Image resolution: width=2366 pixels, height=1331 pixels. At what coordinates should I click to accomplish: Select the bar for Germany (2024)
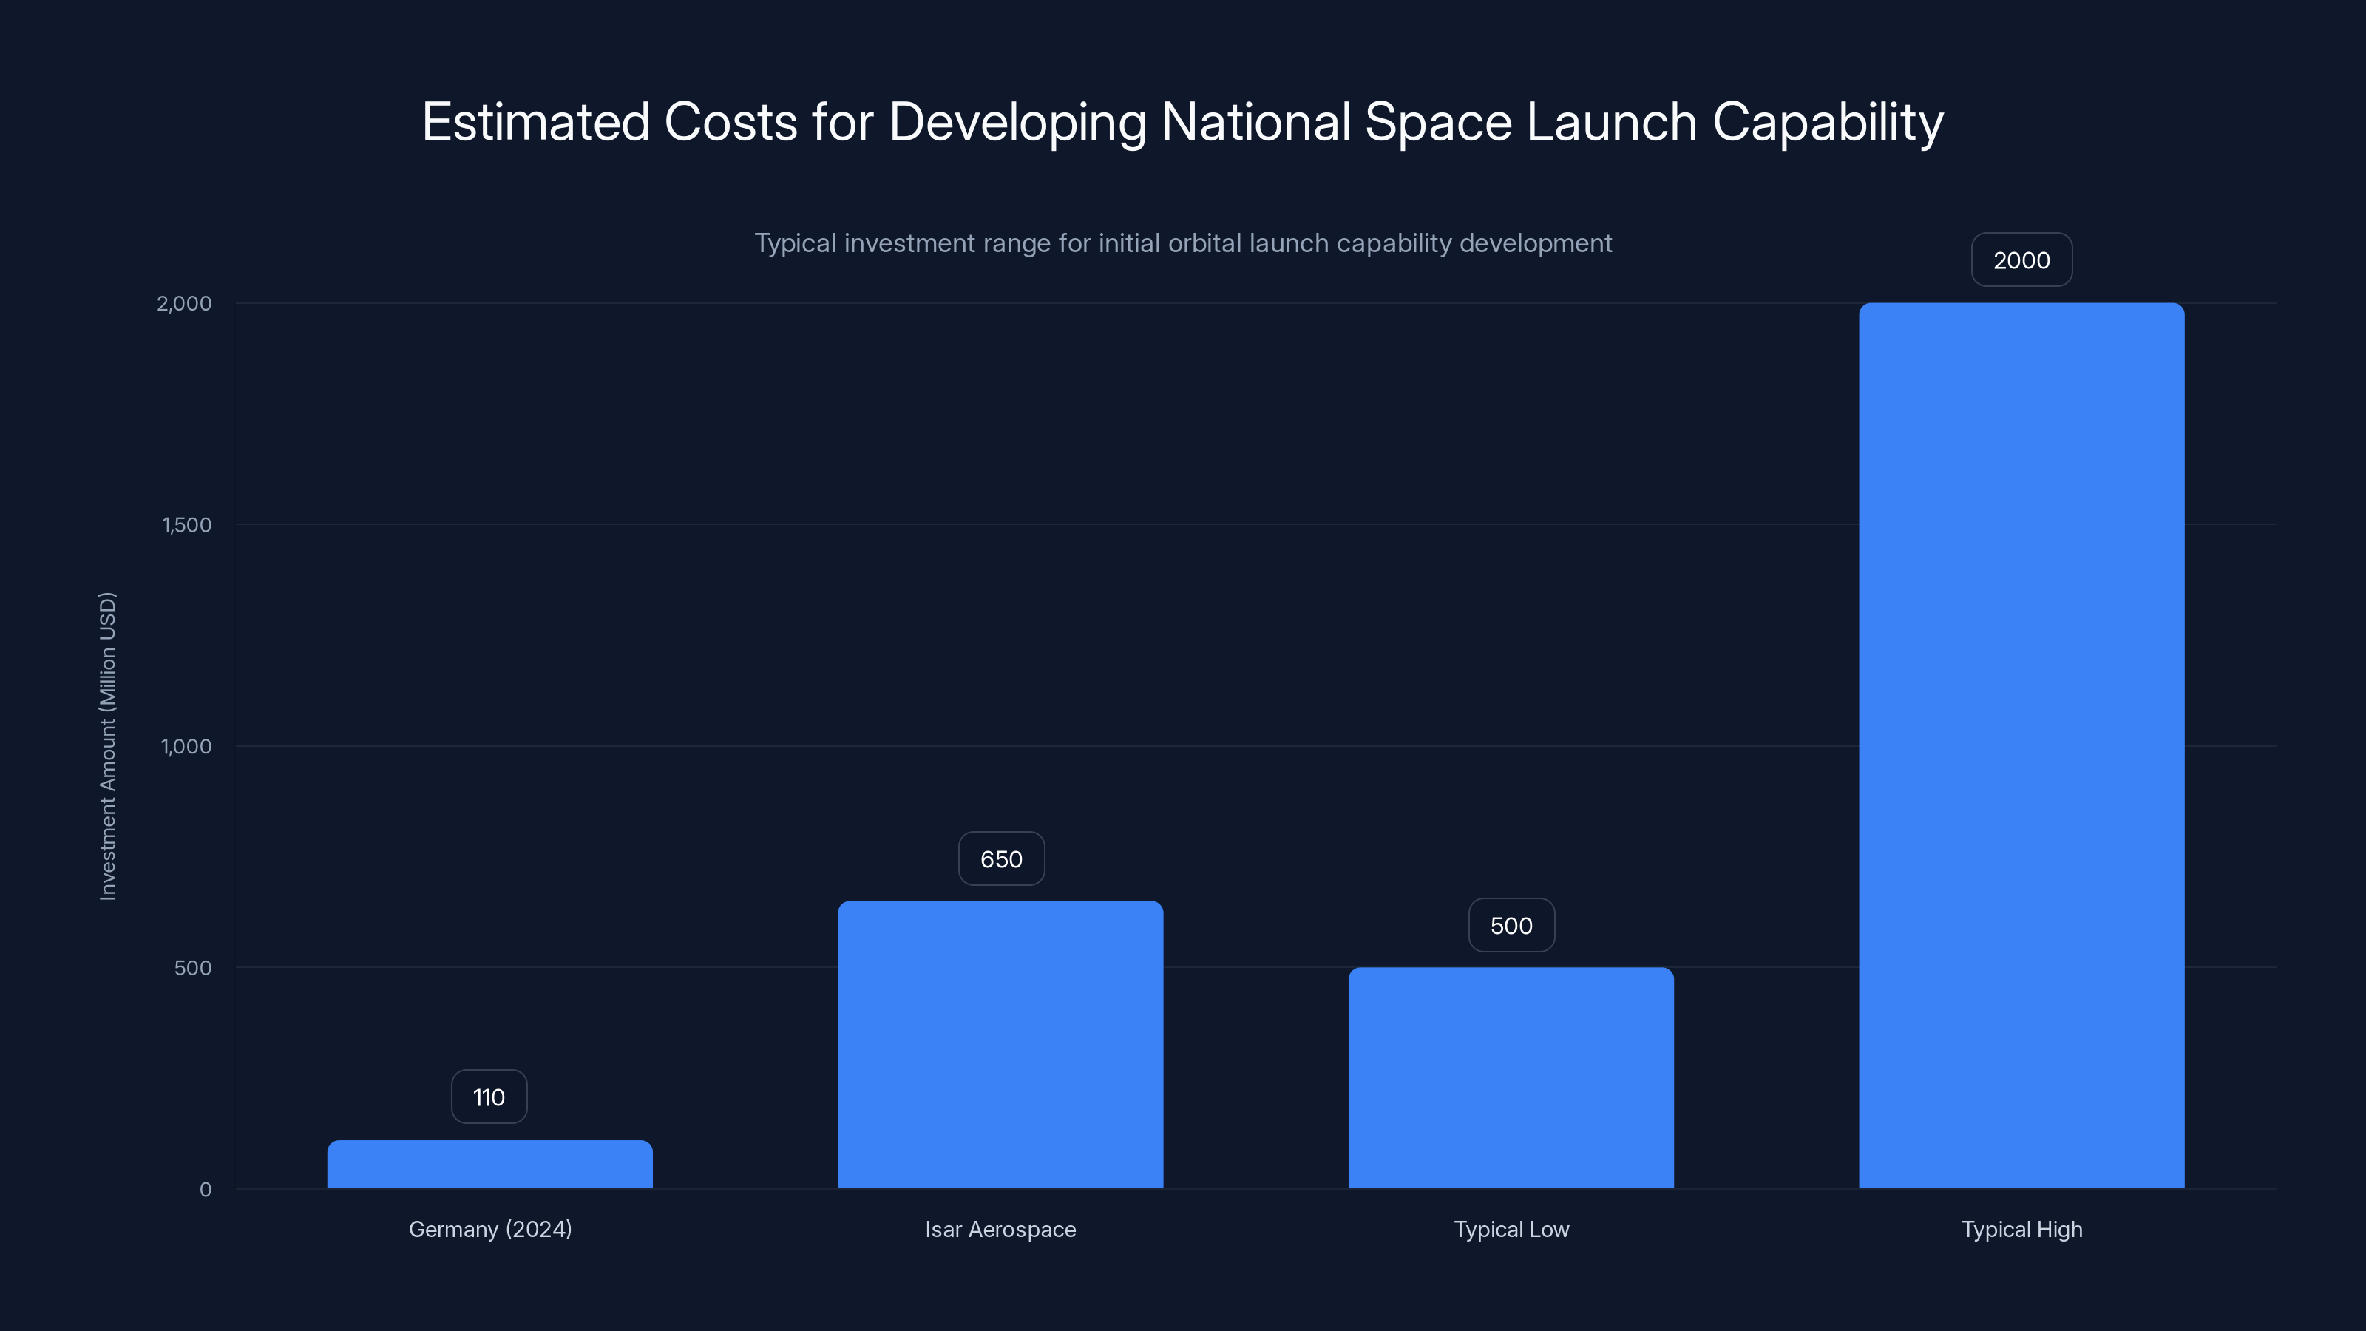(489, 1164)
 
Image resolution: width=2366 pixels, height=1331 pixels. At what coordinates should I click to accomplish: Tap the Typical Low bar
(1511, 1077)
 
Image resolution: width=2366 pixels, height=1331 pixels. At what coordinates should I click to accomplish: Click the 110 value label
(489, 1097)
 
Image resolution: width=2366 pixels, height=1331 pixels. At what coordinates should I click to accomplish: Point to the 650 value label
(1001, 858)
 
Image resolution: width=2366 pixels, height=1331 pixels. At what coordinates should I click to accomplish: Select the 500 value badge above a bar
(1511, 925)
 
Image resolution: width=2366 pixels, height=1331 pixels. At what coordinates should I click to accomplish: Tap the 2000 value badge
(2021, 260)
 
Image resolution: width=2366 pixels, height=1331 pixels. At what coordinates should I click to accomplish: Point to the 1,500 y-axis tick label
(186, 524)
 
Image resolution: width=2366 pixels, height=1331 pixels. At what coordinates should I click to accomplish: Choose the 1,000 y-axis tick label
(186, 746)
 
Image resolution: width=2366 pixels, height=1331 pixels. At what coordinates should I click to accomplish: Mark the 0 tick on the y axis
(206, 1190)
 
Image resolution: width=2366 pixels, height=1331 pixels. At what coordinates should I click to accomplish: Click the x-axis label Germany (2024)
(489, 1229)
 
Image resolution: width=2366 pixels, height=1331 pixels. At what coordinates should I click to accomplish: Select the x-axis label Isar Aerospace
(1000, 1229)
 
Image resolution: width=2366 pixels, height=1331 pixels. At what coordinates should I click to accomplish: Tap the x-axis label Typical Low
(1511, 1229)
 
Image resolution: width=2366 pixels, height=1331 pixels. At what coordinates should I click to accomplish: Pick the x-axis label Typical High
(2021, 1229)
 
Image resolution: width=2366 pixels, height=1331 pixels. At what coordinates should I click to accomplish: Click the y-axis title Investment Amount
(107, 746)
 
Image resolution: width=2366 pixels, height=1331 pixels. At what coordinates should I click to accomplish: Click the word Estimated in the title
(535, 122)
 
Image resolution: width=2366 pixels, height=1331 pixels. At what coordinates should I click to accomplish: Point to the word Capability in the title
(1828, 122)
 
